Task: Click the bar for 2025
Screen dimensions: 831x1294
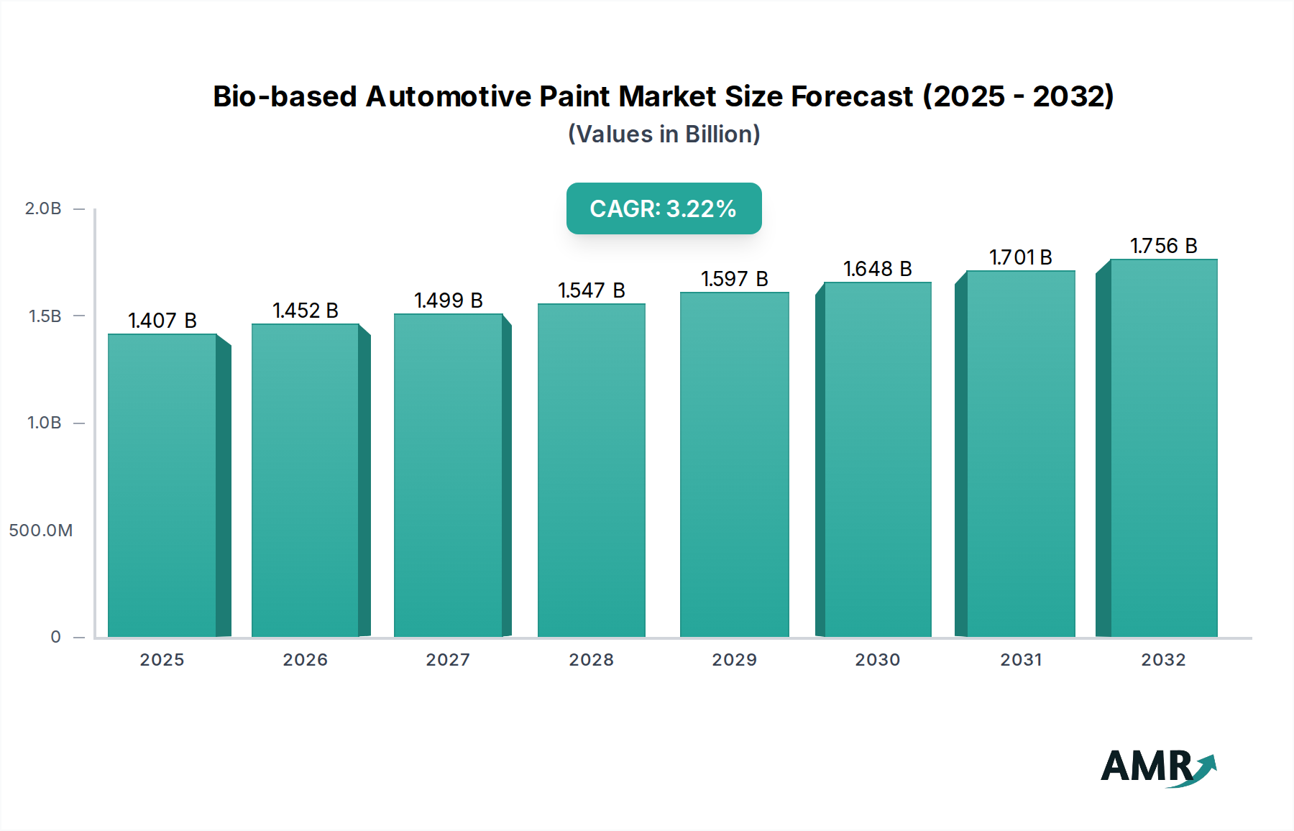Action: pos(162,485)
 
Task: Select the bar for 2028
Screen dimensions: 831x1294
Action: pos(592,471)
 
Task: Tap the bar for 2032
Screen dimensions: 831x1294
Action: pos(1163,448)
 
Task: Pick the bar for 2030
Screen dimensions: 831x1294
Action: pos(877,460)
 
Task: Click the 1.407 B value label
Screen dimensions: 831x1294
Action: pos(162,321)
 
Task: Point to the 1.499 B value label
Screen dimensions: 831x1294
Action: pos(449,300)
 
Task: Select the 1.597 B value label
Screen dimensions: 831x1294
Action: pos(735,279)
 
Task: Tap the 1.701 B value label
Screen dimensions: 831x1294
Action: pos(1021,257)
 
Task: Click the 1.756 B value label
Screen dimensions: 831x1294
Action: pos(1163,246)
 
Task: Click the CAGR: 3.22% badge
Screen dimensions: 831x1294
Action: pos(664,208)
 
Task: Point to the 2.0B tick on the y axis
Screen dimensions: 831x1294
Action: pos(43,208)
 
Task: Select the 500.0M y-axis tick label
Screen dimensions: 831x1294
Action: pos(41,531)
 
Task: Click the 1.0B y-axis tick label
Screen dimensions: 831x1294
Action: pos(44,423)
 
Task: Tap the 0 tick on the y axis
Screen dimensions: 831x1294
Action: pos(55,637)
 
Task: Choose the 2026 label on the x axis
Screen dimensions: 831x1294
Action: pos(305,660)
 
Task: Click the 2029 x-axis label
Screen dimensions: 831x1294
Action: pos(735,660)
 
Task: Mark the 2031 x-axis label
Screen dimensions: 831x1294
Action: pos(1021,660)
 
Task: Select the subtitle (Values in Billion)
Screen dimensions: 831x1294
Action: pos(664,134)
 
